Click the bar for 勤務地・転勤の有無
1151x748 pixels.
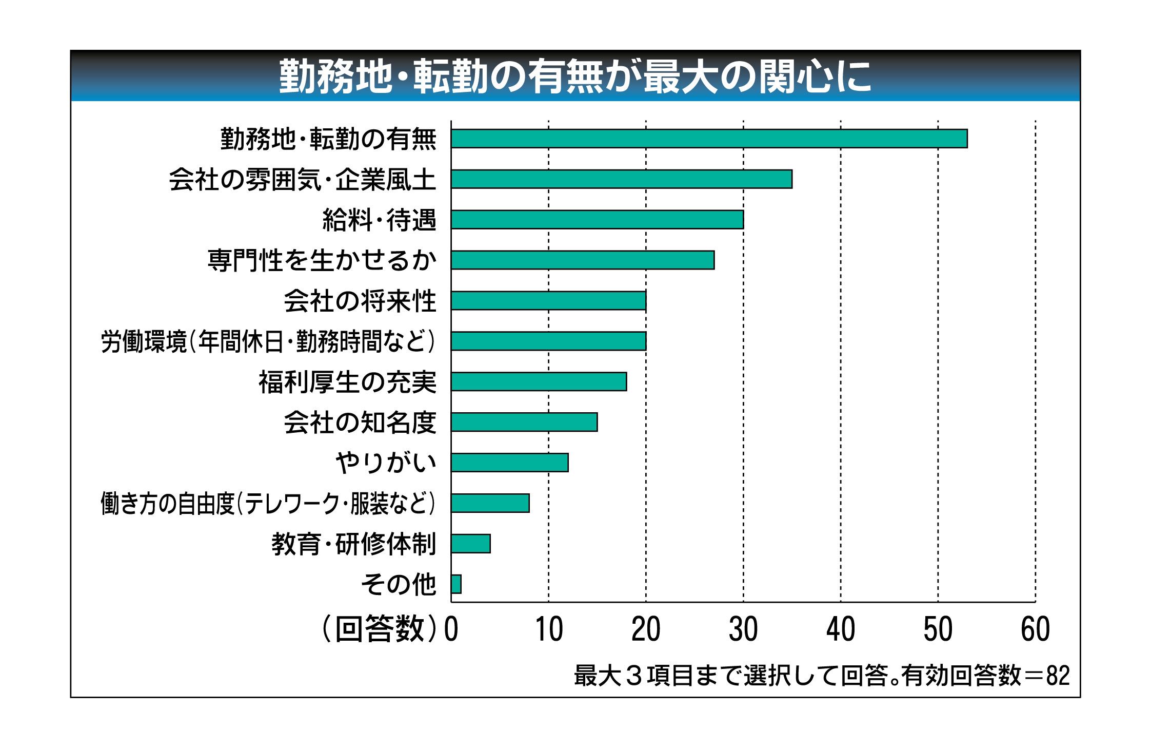(709, 139)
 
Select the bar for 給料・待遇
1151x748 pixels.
(597, 220)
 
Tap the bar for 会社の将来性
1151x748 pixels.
(548, 301)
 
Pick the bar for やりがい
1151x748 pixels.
(509, 463)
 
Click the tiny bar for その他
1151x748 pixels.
(456, 584)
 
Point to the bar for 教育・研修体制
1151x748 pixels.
(470, 544)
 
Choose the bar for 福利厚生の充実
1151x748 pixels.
(539, 382)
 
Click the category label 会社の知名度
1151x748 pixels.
(360, 423)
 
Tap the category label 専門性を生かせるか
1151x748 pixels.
(322, 260)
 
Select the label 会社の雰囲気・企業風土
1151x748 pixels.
(302, 180)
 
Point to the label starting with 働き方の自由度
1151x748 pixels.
(268, 504)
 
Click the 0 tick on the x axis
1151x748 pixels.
(451, 629)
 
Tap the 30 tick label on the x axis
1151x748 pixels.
(743, 629)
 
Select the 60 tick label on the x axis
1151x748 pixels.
(1035, 629)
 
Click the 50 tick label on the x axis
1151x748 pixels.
(938, 629)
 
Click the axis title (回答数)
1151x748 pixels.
(380, 629)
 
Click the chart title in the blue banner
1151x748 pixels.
(575, 76)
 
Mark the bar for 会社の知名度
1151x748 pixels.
(524, 423)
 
